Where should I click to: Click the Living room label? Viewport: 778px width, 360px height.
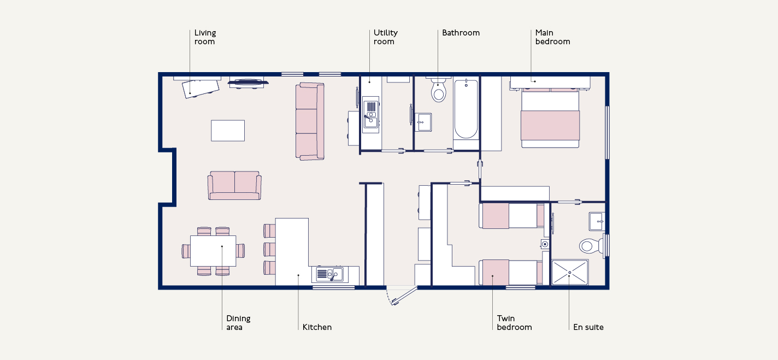[205, 37]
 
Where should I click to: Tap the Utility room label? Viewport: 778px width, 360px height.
[386, 37]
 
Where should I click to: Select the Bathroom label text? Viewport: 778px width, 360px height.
[461, 33]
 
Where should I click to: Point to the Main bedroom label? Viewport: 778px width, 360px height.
[552, 37]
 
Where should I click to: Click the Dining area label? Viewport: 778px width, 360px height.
[238, 323]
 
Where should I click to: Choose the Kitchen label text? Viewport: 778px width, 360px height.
[317, 327]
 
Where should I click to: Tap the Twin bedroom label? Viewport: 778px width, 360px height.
[514, 323]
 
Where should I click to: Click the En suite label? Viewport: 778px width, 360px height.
[588, 327]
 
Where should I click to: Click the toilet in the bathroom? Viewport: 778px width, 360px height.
[438, 90]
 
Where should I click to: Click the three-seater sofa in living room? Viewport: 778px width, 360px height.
[310, 121]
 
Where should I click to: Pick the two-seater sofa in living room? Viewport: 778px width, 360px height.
[234, 185]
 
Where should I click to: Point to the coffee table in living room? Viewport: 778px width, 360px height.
[228, 131]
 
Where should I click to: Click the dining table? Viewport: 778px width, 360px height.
[213, 251]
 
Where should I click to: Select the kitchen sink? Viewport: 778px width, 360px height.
[331, 274]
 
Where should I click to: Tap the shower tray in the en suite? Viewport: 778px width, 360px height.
[570, 272]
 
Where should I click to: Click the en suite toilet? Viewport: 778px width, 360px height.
[592, 246]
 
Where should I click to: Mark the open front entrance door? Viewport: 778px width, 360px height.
[404, 296]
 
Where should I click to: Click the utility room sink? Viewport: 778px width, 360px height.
[371, 115]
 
